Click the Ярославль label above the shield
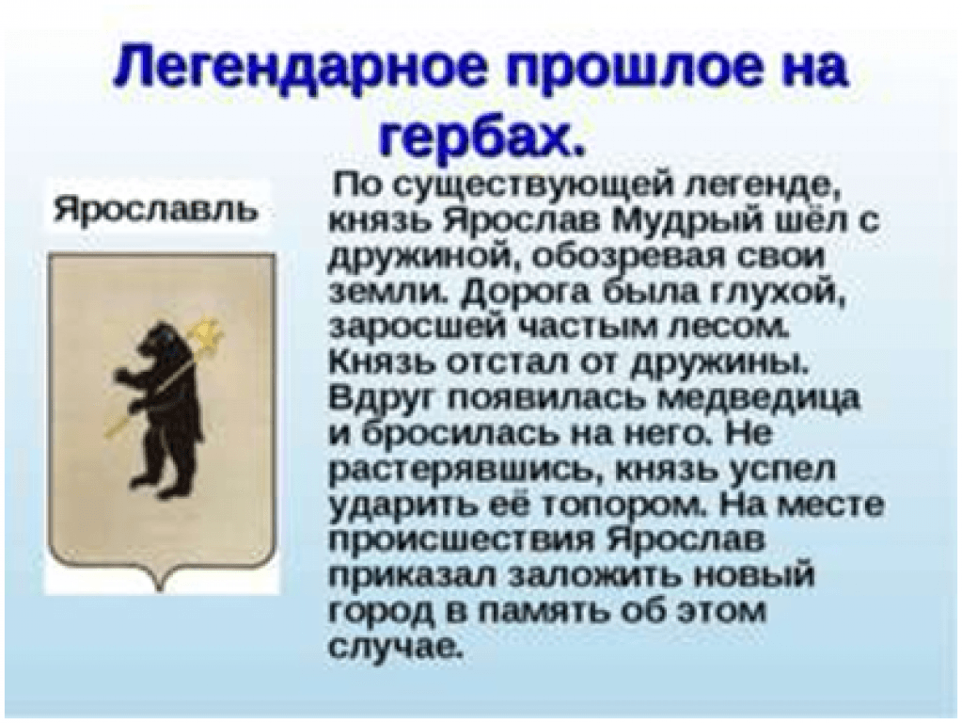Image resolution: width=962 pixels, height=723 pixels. pos(155,208)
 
